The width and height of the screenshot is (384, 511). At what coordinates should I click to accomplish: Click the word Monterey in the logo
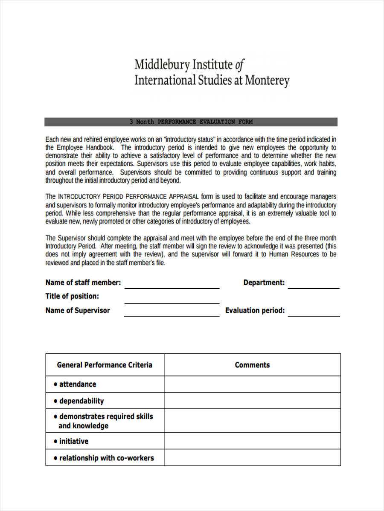click(266, 80)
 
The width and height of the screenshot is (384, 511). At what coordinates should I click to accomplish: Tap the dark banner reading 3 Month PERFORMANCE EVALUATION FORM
click(191, 122)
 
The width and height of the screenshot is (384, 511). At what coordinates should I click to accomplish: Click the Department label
click(264, 283)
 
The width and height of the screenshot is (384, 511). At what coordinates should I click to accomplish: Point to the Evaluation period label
click(255, 310)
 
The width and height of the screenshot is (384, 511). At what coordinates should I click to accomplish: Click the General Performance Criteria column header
click(105, 365)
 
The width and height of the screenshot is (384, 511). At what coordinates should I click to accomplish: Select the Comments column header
click(252, 365)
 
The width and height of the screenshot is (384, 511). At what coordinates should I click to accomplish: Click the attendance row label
click(77, 384)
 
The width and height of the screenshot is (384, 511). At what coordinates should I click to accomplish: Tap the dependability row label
click(81, 401)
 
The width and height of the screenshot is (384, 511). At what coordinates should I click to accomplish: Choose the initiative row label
click(73, 441)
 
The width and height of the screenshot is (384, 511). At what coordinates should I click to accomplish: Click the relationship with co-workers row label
click(106, 458)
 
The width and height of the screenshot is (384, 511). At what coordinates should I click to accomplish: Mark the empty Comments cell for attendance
click(252, 384)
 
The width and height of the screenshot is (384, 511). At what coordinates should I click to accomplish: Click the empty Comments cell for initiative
click(252, 441)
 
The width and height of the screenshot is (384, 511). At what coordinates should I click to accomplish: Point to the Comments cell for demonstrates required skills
click(252, 421)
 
